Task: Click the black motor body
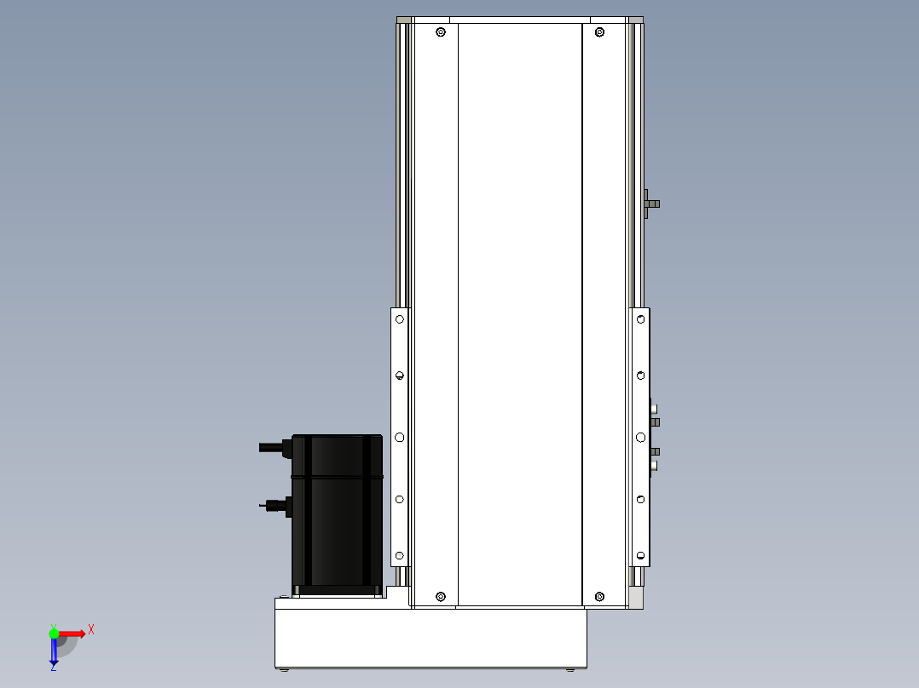pos(337,515)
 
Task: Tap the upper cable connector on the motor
pos(275,448)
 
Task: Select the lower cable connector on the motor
pos(276,506)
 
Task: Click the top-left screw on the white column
pos(441,32)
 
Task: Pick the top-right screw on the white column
pos(599,32)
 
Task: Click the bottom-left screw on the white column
pos(441,597)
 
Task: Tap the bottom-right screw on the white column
pos(599,597)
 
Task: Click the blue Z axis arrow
pos(54,651)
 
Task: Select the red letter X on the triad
pos(91,630)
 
